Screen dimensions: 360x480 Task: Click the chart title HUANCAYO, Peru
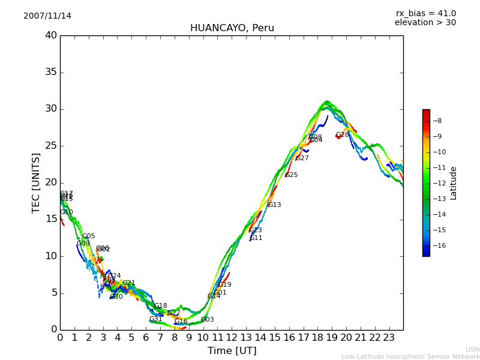click(232, 28)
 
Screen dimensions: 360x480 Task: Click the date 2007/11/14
click(47, 16)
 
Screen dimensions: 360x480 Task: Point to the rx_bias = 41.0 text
click(425, 14)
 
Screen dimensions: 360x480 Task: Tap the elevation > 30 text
click(425, 23)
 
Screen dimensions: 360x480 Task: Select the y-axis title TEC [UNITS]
click(37, 182)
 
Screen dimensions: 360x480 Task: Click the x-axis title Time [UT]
click(232, 351)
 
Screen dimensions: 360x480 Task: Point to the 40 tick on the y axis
click(51, 35)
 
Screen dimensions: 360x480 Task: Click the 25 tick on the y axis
click(51, 146)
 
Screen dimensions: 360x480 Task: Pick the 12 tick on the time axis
click(232, 337)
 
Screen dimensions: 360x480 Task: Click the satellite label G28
click(342, 135)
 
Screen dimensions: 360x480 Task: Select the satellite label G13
click(274, 205)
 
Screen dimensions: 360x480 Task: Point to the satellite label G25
click(291, 175)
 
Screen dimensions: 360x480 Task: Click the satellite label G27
click(302, 158)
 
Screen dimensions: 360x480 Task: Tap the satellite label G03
click(207, 320)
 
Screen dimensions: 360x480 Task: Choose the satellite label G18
click(160, 306)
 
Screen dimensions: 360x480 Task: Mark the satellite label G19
click(224, 285)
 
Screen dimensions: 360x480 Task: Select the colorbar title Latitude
click(453, 183)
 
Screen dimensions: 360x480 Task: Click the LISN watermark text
click(472, 349)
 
